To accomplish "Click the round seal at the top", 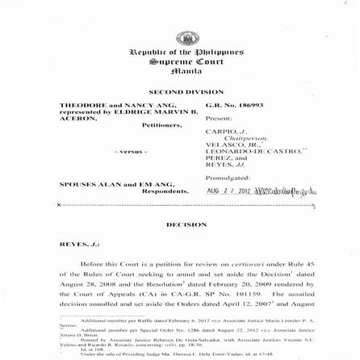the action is point(186,38).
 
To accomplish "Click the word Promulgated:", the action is point(228,177).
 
